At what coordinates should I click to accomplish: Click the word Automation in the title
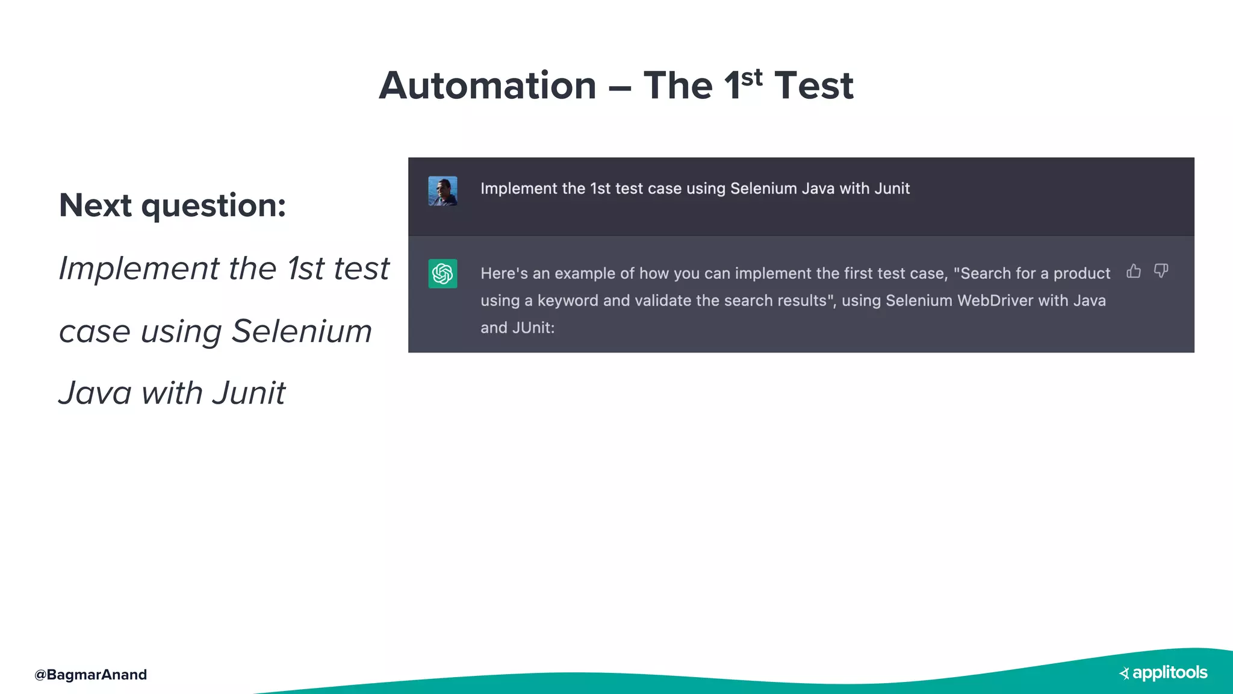[488, 86]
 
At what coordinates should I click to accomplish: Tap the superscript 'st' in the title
[752, 77]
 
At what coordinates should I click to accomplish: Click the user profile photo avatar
[443, 191]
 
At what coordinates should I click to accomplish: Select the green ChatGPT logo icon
[443, 274]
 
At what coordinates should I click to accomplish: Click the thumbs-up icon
[1134, 271]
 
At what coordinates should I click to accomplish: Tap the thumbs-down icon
[1161, 271]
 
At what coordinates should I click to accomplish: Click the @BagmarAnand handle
[90, 675]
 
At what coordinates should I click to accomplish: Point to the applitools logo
[1163, 673]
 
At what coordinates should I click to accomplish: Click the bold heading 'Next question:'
[172, 205]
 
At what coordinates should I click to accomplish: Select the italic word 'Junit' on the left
[249, 393]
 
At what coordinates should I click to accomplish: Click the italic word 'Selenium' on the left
[302, 331]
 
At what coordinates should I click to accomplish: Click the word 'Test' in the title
[813, 86]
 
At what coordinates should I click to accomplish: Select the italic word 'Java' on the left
[95, 393]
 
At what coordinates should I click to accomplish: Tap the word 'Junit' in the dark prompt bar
[892, 189]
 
